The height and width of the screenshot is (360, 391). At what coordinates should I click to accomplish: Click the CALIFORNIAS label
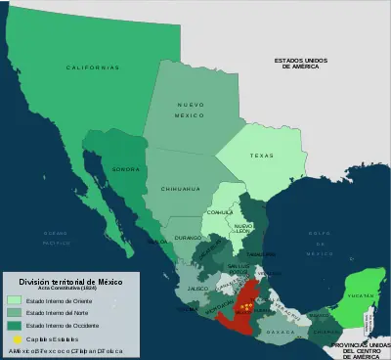click(x=93, y=67)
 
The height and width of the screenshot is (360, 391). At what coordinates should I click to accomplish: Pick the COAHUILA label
click(x=220, y=211)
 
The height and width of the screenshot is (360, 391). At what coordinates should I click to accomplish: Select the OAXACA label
click(x=284, y=332)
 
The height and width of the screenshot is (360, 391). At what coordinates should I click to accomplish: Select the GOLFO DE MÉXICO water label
click(x=318, y=241)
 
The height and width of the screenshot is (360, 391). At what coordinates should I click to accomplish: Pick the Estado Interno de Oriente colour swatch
click(x=15, y=299)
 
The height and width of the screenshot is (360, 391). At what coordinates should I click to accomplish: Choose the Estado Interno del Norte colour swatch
click(x=15, y=312)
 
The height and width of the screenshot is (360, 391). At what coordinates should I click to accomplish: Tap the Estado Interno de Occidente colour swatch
click(x=15, y=325)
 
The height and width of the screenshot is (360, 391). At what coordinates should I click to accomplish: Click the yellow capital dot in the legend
click(x=15, y=337)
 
